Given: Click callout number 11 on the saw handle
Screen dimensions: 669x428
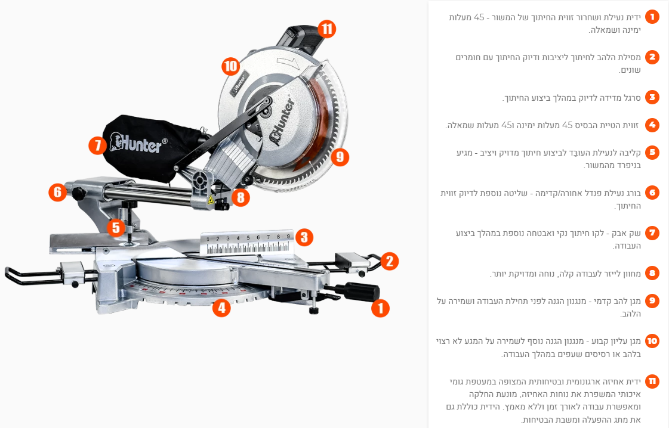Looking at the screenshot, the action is [327, 29].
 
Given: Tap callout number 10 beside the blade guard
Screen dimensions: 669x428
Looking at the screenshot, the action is [230, 66].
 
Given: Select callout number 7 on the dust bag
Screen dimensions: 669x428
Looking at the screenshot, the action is [98, 145].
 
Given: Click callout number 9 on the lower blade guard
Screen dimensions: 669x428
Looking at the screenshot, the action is [340, 157].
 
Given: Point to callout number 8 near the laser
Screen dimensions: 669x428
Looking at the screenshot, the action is [241, 197].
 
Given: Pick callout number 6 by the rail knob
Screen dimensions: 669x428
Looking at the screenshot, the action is [58, 193].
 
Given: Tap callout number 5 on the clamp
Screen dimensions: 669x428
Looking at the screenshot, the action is [116, 228].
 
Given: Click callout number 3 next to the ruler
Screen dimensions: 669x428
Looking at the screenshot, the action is [304, 237].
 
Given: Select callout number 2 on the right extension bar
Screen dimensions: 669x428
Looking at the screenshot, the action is [389, 261].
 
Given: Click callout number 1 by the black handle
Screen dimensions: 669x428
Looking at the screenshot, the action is [381, 308].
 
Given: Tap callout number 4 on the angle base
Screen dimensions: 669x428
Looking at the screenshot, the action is [221, 308].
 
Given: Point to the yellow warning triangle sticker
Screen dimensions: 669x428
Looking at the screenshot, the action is [210, 200].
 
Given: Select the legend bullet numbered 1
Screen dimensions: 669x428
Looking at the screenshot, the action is [652, 17].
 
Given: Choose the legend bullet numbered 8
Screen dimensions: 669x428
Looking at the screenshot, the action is [652, 273].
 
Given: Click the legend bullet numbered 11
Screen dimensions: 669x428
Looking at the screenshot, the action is [652, 381].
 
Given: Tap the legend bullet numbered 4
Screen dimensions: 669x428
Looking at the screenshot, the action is [652, 125].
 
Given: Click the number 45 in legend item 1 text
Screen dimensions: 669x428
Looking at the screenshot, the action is [479, 17].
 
